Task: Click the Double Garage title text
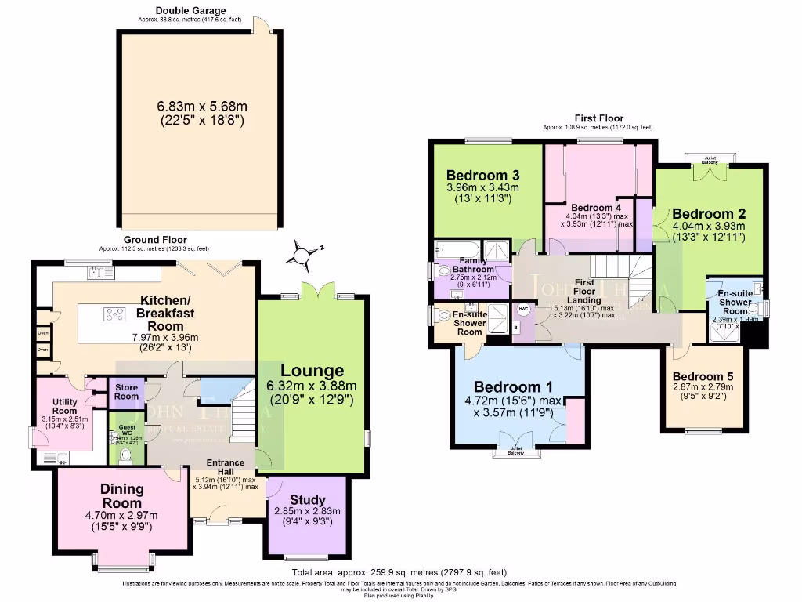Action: (x=191, y=10)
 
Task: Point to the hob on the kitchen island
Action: (x=114, y=314)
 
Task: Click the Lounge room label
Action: (x=312, y=371)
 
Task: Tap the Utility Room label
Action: (x=64, y=405)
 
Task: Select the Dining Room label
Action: (x=121, y=496)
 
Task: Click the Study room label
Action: (x=307, y=500)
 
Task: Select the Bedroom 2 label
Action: (x=709, y=213)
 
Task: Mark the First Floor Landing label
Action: (x=583, y=291)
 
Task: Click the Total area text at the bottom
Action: (x=399, y=572)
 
